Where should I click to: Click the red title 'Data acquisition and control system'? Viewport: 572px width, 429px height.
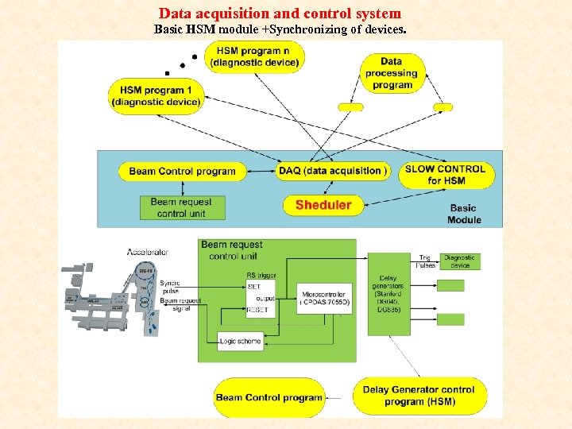pos(280,14)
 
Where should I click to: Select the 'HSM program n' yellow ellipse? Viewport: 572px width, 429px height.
pos(255,56)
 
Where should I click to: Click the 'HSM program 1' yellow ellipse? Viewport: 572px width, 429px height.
pos(156,95)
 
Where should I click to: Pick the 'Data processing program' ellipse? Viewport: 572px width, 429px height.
pos(392,72)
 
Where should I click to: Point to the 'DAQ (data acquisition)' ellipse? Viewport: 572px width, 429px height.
pos(334,171)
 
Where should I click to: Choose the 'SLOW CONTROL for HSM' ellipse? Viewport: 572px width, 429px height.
pos(444,175)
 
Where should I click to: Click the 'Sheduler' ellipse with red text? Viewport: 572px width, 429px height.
pos(323,205)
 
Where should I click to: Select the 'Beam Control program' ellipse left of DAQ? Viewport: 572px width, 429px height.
pos(182,171)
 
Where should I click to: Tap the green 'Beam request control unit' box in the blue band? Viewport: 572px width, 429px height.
pos(182,207)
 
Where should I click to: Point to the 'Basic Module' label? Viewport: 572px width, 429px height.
pos(464,214)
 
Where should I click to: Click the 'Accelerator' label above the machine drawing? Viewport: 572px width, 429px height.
pos(148,252)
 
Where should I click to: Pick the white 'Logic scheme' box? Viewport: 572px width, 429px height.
pos(239,342)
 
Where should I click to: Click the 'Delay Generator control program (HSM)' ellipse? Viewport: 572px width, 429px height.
pos(418,396)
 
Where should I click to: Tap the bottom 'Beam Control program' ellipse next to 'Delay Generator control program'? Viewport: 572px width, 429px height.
pos(269,397)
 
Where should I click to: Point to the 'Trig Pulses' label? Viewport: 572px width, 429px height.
pos(426,261)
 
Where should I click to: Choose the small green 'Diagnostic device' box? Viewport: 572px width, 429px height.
pos(459,261)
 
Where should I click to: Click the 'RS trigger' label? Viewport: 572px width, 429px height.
pos(261,276)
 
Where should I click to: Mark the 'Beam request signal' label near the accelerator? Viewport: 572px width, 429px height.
pos(180,305)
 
